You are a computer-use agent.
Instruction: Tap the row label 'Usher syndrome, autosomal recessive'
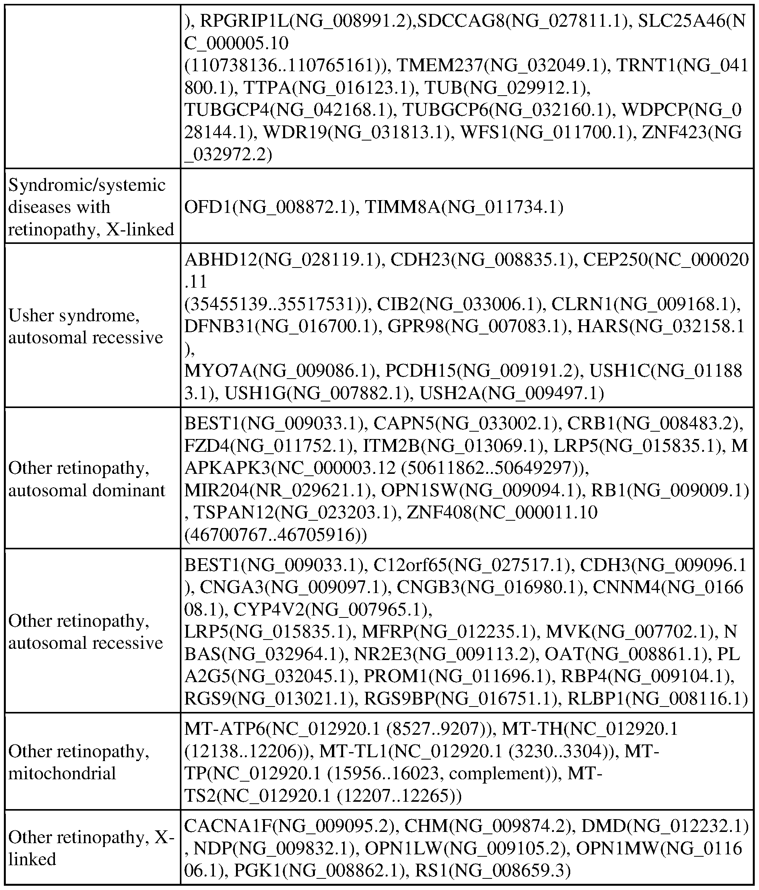[85, 326]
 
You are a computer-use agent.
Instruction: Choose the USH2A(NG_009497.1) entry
[511, 393]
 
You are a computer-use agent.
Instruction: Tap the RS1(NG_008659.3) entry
[492, 870]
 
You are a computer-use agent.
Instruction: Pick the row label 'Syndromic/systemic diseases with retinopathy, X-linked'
[91, 207]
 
